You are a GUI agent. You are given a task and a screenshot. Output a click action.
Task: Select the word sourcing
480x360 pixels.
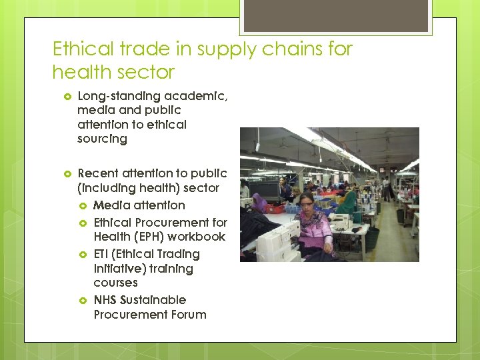pyautogui.click(x=102, y=139)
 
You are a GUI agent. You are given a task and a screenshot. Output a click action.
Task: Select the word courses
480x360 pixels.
pyautogui.click(x=115, y=283)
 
